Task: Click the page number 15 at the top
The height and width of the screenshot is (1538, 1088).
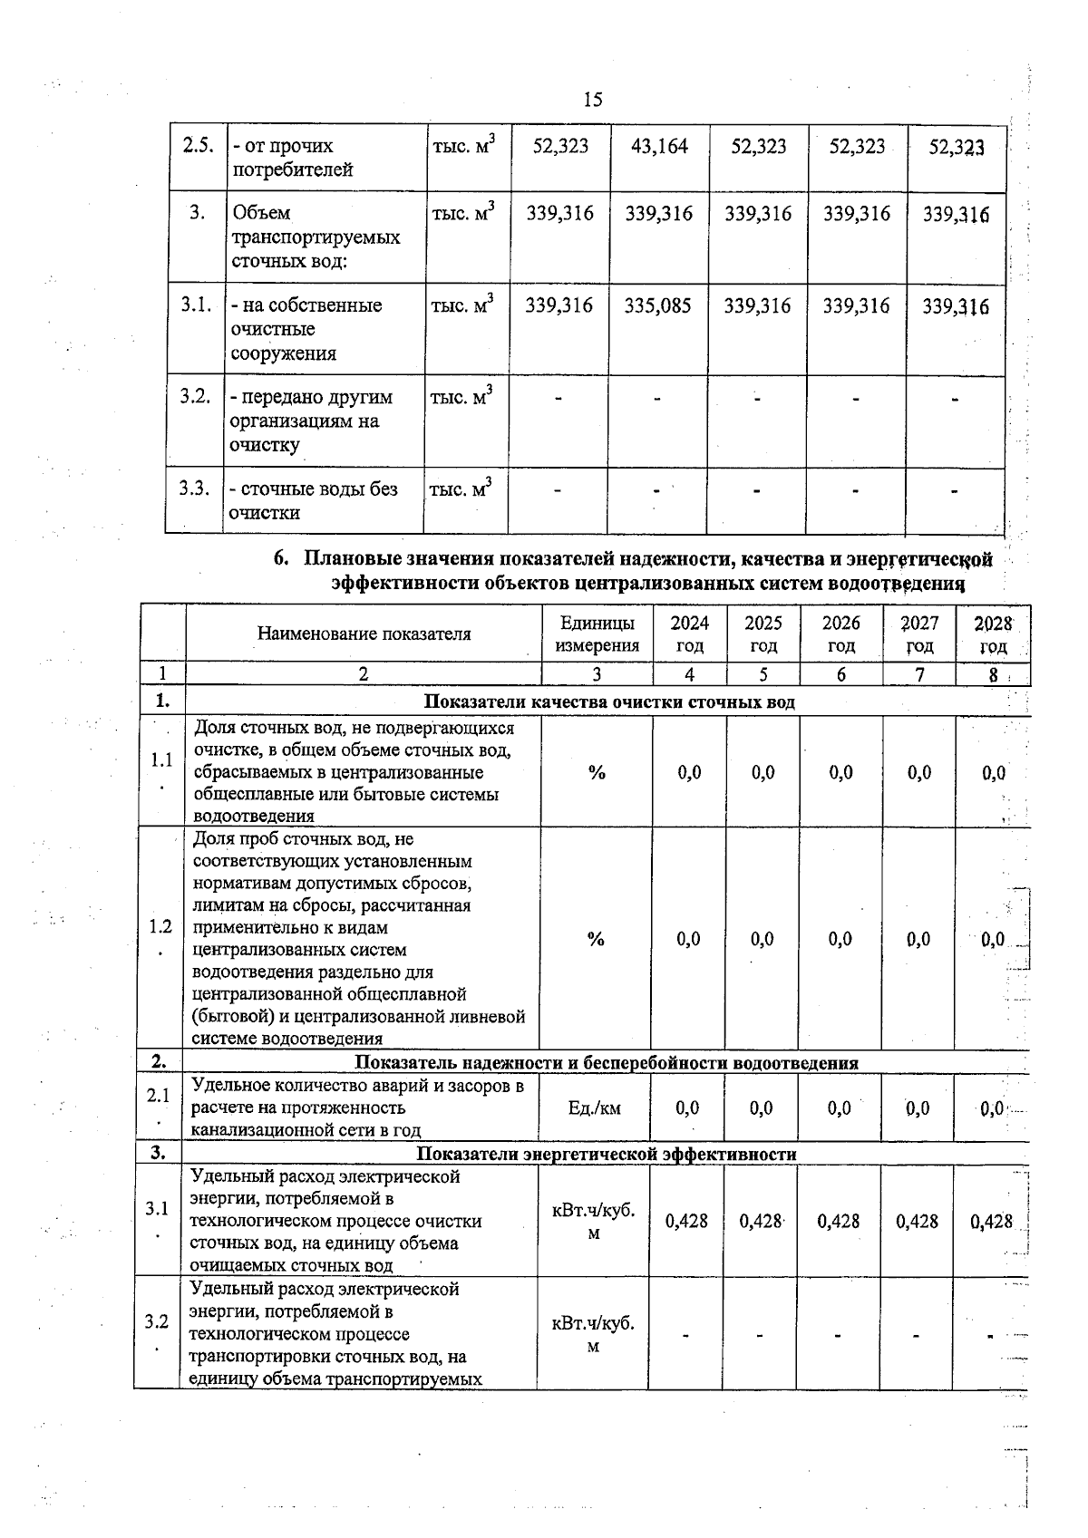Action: pos(593,99)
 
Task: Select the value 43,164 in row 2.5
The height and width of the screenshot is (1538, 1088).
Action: pos(659,146)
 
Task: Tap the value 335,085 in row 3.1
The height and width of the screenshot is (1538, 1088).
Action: pos(657,306)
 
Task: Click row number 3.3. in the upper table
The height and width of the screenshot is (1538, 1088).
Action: pos(194,488)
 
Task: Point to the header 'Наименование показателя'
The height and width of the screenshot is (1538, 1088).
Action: pos(364,634)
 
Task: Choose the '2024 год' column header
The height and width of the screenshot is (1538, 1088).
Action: pos(689,634)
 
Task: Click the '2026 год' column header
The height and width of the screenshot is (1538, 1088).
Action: pos(840,634)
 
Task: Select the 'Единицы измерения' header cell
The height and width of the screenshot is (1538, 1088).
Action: pos(597,634)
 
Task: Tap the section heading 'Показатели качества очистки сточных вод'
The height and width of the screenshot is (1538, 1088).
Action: pos(609,702)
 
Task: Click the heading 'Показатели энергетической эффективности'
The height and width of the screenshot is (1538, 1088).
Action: pos(606,1154)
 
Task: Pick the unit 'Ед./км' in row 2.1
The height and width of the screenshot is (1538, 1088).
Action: pos(594,1108)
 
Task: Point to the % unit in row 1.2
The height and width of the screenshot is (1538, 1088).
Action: pos(595,939)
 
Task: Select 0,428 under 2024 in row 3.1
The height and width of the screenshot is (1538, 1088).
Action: pos(686,1221)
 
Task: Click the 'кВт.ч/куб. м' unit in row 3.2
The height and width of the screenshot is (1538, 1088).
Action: pos(593,1334)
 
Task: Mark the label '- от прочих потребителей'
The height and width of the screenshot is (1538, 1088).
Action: pos(292,158)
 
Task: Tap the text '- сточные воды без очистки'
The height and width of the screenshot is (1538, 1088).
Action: pos(313,500)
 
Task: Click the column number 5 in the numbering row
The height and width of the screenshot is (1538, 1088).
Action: pos(763,674)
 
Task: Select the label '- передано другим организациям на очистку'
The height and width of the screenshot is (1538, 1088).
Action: pos(310,421)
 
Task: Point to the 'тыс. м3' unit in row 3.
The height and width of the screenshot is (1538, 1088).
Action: pos(462,215)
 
